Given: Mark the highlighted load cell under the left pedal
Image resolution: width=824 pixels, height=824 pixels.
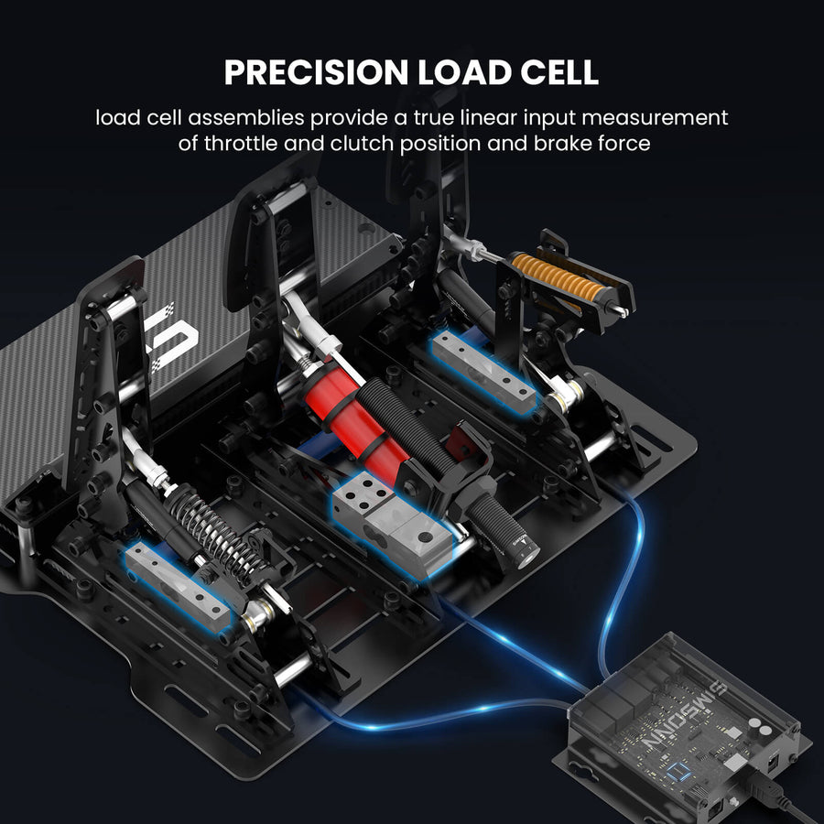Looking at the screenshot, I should pos(178,587).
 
